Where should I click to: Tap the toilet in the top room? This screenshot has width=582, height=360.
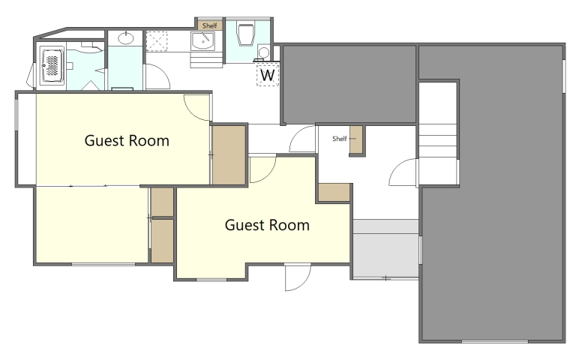click(x=246, y=34)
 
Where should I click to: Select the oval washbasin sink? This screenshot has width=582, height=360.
click(x=126, y=37)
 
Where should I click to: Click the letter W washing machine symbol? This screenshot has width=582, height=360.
click(x=268, y=75)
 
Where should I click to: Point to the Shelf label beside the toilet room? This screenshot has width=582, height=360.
click(x=210, y=25)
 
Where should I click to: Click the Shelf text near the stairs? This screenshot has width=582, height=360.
click(x=340, y=139)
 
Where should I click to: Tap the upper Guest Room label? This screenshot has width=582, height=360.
click(x=127, y=141)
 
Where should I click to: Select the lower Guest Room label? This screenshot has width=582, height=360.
click(x=267, y=225)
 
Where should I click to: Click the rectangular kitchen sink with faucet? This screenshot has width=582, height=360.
click(x=202, y=40)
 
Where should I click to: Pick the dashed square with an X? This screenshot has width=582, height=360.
click(x=157, y=41)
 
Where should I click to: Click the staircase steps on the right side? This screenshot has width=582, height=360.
click(x=438, y=141)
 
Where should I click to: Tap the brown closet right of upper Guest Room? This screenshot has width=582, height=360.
click(x=229, y=154)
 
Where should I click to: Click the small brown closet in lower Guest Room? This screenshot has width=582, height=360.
click(x=334, y=193)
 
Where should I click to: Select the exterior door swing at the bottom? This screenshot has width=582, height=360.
click(x=297, y=277)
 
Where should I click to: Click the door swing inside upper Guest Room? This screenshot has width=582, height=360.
click(x=197, y=108)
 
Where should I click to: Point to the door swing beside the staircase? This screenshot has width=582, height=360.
click(x=403, y=172)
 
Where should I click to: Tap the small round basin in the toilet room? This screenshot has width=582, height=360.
click(x=263, y=52)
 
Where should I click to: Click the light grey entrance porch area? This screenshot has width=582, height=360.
click(x=385, y=248)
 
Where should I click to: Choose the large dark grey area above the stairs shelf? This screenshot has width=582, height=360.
click(x=349, y=84)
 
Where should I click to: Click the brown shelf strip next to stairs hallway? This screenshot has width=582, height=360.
click(x=356, y=140)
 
